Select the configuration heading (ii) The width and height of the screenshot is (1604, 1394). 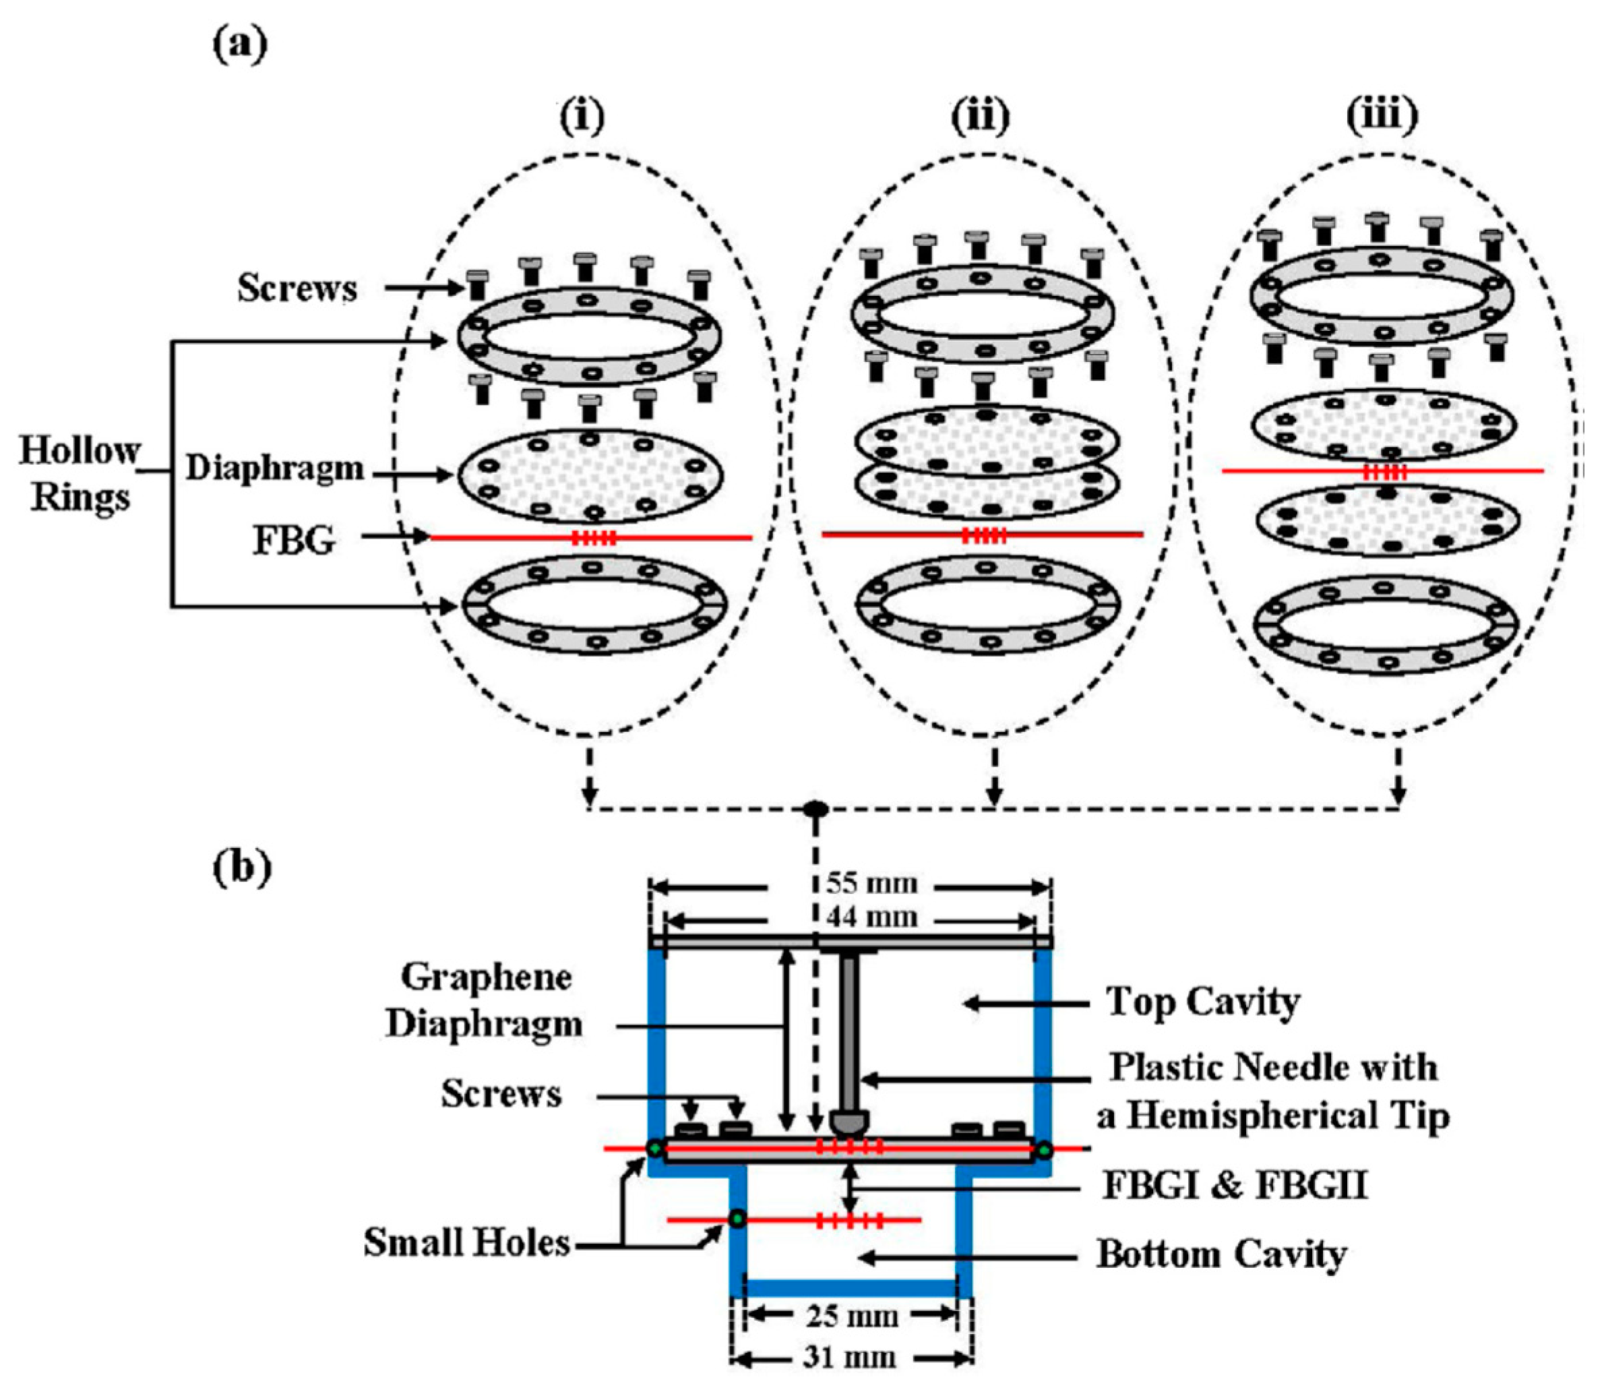point(980,117)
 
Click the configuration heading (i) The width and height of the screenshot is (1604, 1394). point(582,117)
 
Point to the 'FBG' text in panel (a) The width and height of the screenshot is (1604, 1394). point(294,540)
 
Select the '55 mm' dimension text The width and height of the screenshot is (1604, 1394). point(871,884)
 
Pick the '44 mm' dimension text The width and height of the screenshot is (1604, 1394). point(871,917)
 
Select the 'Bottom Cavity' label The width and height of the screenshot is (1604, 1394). point(1221,1254)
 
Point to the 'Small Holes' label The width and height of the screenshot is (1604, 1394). point(467,1243)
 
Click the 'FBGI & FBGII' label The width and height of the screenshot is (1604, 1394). point(1235,1186)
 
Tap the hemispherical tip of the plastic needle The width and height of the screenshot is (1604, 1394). point(849,1122)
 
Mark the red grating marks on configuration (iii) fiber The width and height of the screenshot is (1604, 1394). point(1386,471)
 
